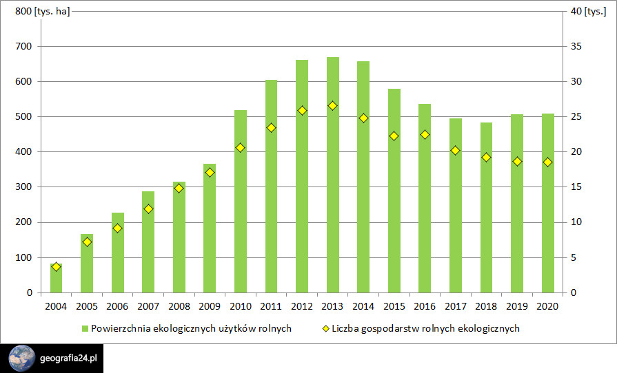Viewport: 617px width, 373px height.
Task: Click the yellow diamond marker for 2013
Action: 333,106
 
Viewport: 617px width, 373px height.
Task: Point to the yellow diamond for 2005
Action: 87,242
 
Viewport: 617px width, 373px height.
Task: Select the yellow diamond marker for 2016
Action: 425,135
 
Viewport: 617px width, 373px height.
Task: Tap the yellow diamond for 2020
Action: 547,162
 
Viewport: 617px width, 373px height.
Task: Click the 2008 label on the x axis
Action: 179,306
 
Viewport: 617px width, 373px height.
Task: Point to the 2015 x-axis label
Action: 394,306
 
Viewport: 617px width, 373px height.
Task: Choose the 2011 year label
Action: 271,306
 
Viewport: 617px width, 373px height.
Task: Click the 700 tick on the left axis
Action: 23,47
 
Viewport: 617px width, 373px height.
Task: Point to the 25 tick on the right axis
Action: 572,117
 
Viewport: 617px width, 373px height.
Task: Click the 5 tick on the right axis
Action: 569,257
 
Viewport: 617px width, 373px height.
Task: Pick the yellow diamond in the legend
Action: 325,329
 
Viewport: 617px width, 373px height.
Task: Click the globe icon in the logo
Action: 22,359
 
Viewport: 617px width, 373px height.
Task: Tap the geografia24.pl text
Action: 69,359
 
